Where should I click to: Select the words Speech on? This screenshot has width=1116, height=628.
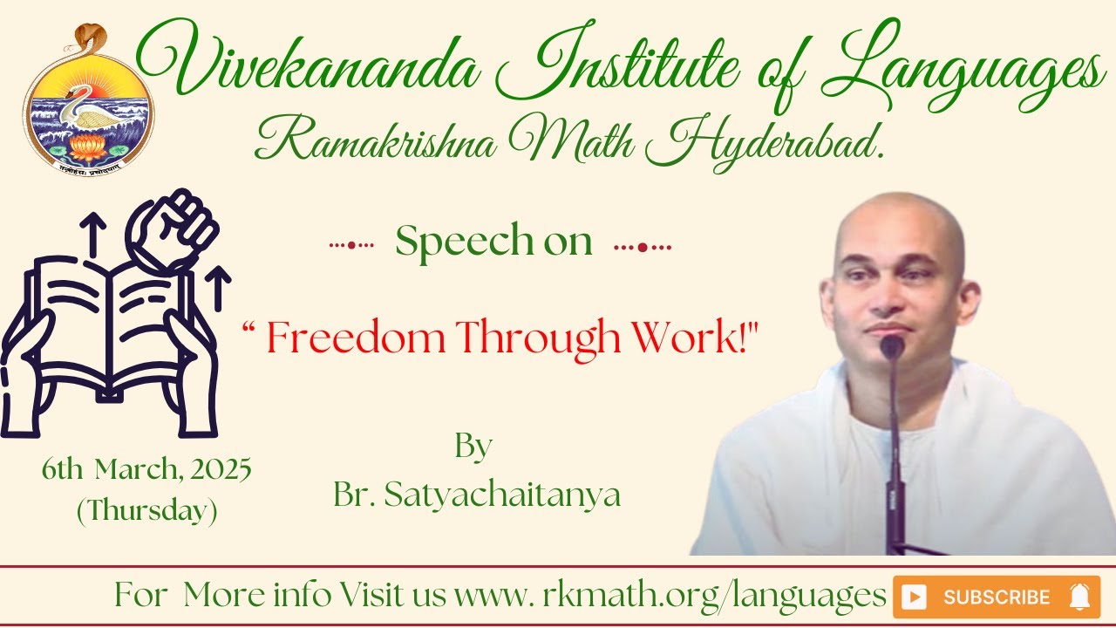[493, 242]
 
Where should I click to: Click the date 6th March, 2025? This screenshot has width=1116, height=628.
[146, 471]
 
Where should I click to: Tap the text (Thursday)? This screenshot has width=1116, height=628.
[146, 510]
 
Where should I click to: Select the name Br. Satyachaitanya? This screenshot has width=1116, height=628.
[476, 495]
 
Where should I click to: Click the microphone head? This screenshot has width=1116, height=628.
[891, 347]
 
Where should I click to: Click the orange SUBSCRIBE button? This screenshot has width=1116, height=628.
[996, 597]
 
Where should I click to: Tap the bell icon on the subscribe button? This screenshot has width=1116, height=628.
[1079, 597]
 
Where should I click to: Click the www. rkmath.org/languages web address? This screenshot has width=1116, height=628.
[670, 597]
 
